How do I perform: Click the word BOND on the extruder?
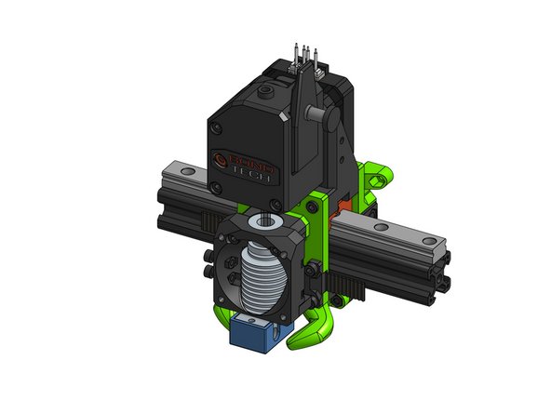tap(252, 160)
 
